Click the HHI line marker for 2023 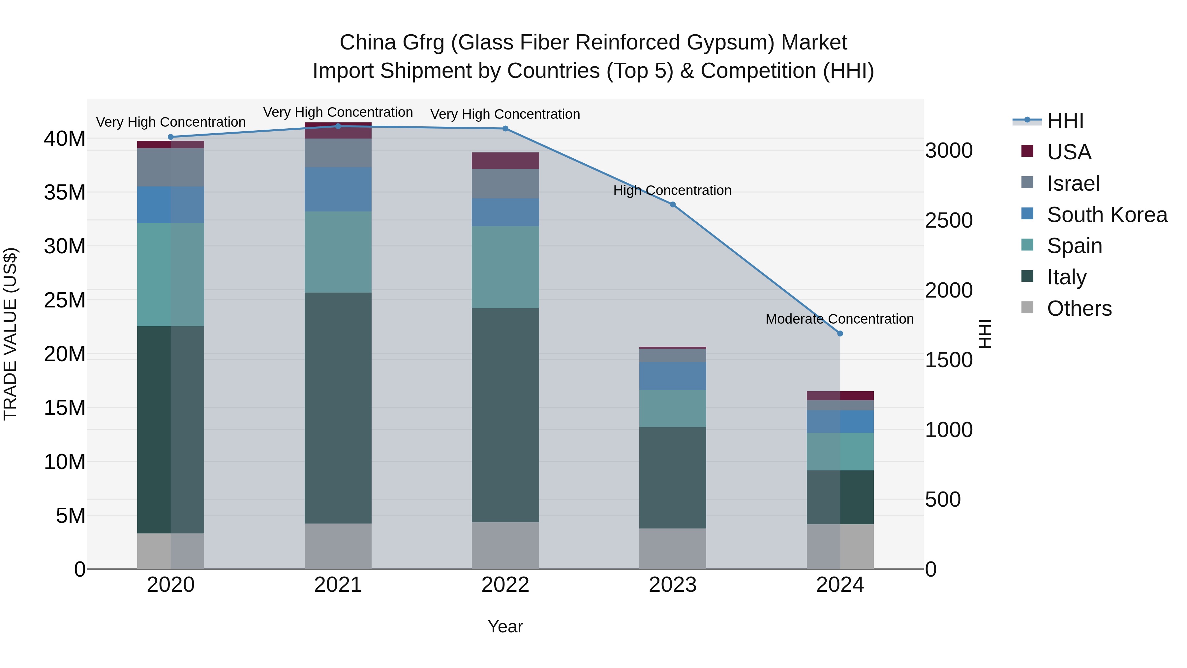(672, 205)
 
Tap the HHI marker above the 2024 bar (839, 333)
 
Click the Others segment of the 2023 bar (672, 548)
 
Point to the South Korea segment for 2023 (672, 376)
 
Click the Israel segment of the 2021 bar (338, 153)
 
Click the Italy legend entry (1066, 277)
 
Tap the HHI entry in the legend (1065, 121)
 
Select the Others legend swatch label (1079, 308)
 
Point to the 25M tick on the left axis (65, 300)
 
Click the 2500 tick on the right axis (949, 220)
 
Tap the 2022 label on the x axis (505, 585)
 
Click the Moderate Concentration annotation (839, 319)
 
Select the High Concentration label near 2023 (672, 190)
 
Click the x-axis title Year (505, 626)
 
